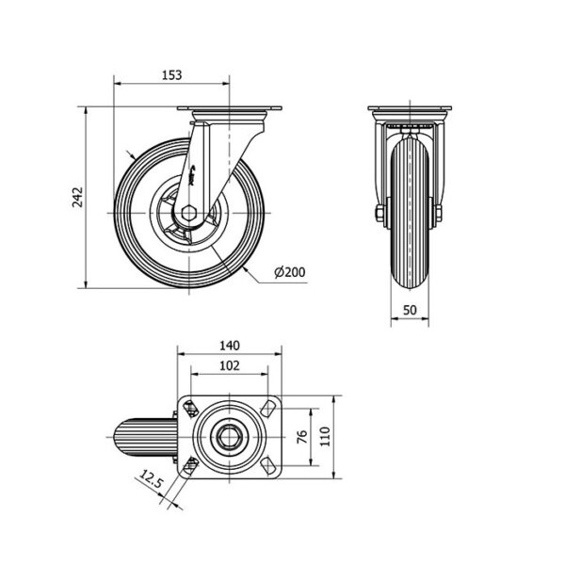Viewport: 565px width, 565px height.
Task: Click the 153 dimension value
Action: click(172, 75)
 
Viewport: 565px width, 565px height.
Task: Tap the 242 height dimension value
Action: click(77, 197)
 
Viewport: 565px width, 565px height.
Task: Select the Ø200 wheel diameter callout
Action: click(289, 272)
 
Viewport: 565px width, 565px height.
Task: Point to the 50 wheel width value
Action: click(410, 310)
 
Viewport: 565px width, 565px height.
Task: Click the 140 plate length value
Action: click(230, 346)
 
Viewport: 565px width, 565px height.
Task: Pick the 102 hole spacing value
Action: click(230, 365)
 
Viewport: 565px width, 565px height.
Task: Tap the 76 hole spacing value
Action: click(302, 437)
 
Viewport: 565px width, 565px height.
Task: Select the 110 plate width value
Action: click(325, 436)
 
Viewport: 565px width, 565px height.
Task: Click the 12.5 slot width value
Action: click(151, 479)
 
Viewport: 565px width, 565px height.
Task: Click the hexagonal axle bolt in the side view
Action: click(188, 213)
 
